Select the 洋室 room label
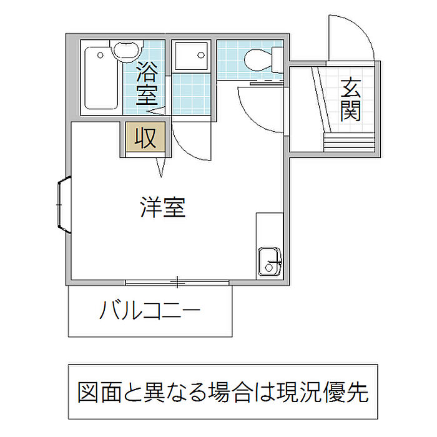163,207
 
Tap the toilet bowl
257,60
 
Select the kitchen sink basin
269,260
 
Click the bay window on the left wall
64,205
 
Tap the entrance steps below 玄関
350,141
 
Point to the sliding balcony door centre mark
178,283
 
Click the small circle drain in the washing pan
201,54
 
